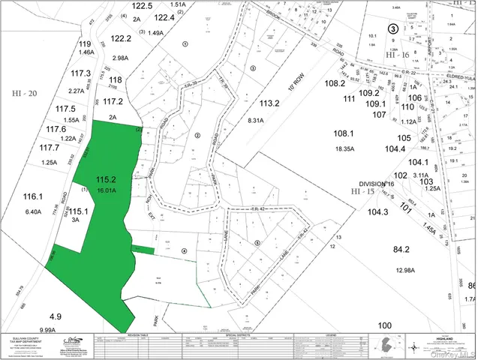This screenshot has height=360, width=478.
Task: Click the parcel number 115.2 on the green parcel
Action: click(x=106, y=179)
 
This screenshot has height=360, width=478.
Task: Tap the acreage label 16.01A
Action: click(x=107, y=191)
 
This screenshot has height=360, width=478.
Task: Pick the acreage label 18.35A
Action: click(x=344, y=149)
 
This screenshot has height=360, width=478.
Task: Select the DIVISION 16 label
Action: click(x=375, y=184)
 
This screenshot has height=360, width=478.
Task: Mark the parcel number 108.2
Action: click(x=335, y=84)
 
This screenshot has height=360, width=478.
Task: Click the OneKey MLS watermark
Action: click(x=449, y=353)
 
